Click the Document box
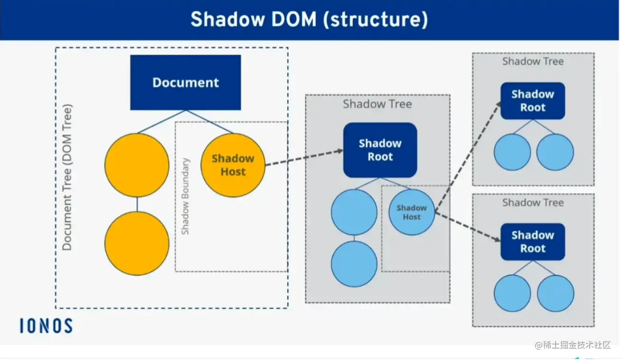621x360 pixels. pos(185,82)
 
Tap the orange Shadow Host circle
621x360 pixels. pos(233,165)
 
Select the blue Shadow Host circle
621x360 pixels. pos(411,212)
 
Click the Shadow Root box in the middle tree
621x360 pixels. pos(380,150)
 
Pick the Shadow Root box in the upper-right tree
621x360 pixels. pos(533,101)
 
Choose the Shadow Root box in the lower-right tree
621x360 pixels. pos(533,242)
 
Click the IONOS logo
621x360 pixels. pos(46,326)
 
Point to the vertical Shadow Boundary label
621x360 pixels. pos(185,196)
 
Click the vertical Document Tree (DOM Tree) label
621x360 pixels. pos(67,177)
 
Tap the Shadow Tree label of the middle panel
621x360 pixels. pos(377,104)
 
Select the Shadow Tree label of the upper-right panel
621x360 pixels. pos(533,61)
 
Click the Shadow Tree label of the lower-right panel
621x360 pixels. pos(533,202)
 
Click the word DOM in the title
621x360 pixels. pos(294,19)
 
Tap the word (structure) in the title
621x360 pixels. pos(375,20)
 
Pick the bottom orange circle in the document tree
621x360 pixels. pos(137,243)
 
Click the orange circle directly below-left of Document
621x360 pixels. pos(137,165)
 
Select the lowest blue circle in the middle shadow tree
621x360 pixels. pos(354,264)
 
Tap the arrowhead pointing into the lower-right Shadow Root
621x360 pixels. pos(497,239)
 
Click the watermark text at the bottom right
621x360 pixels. pos(573,345)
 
